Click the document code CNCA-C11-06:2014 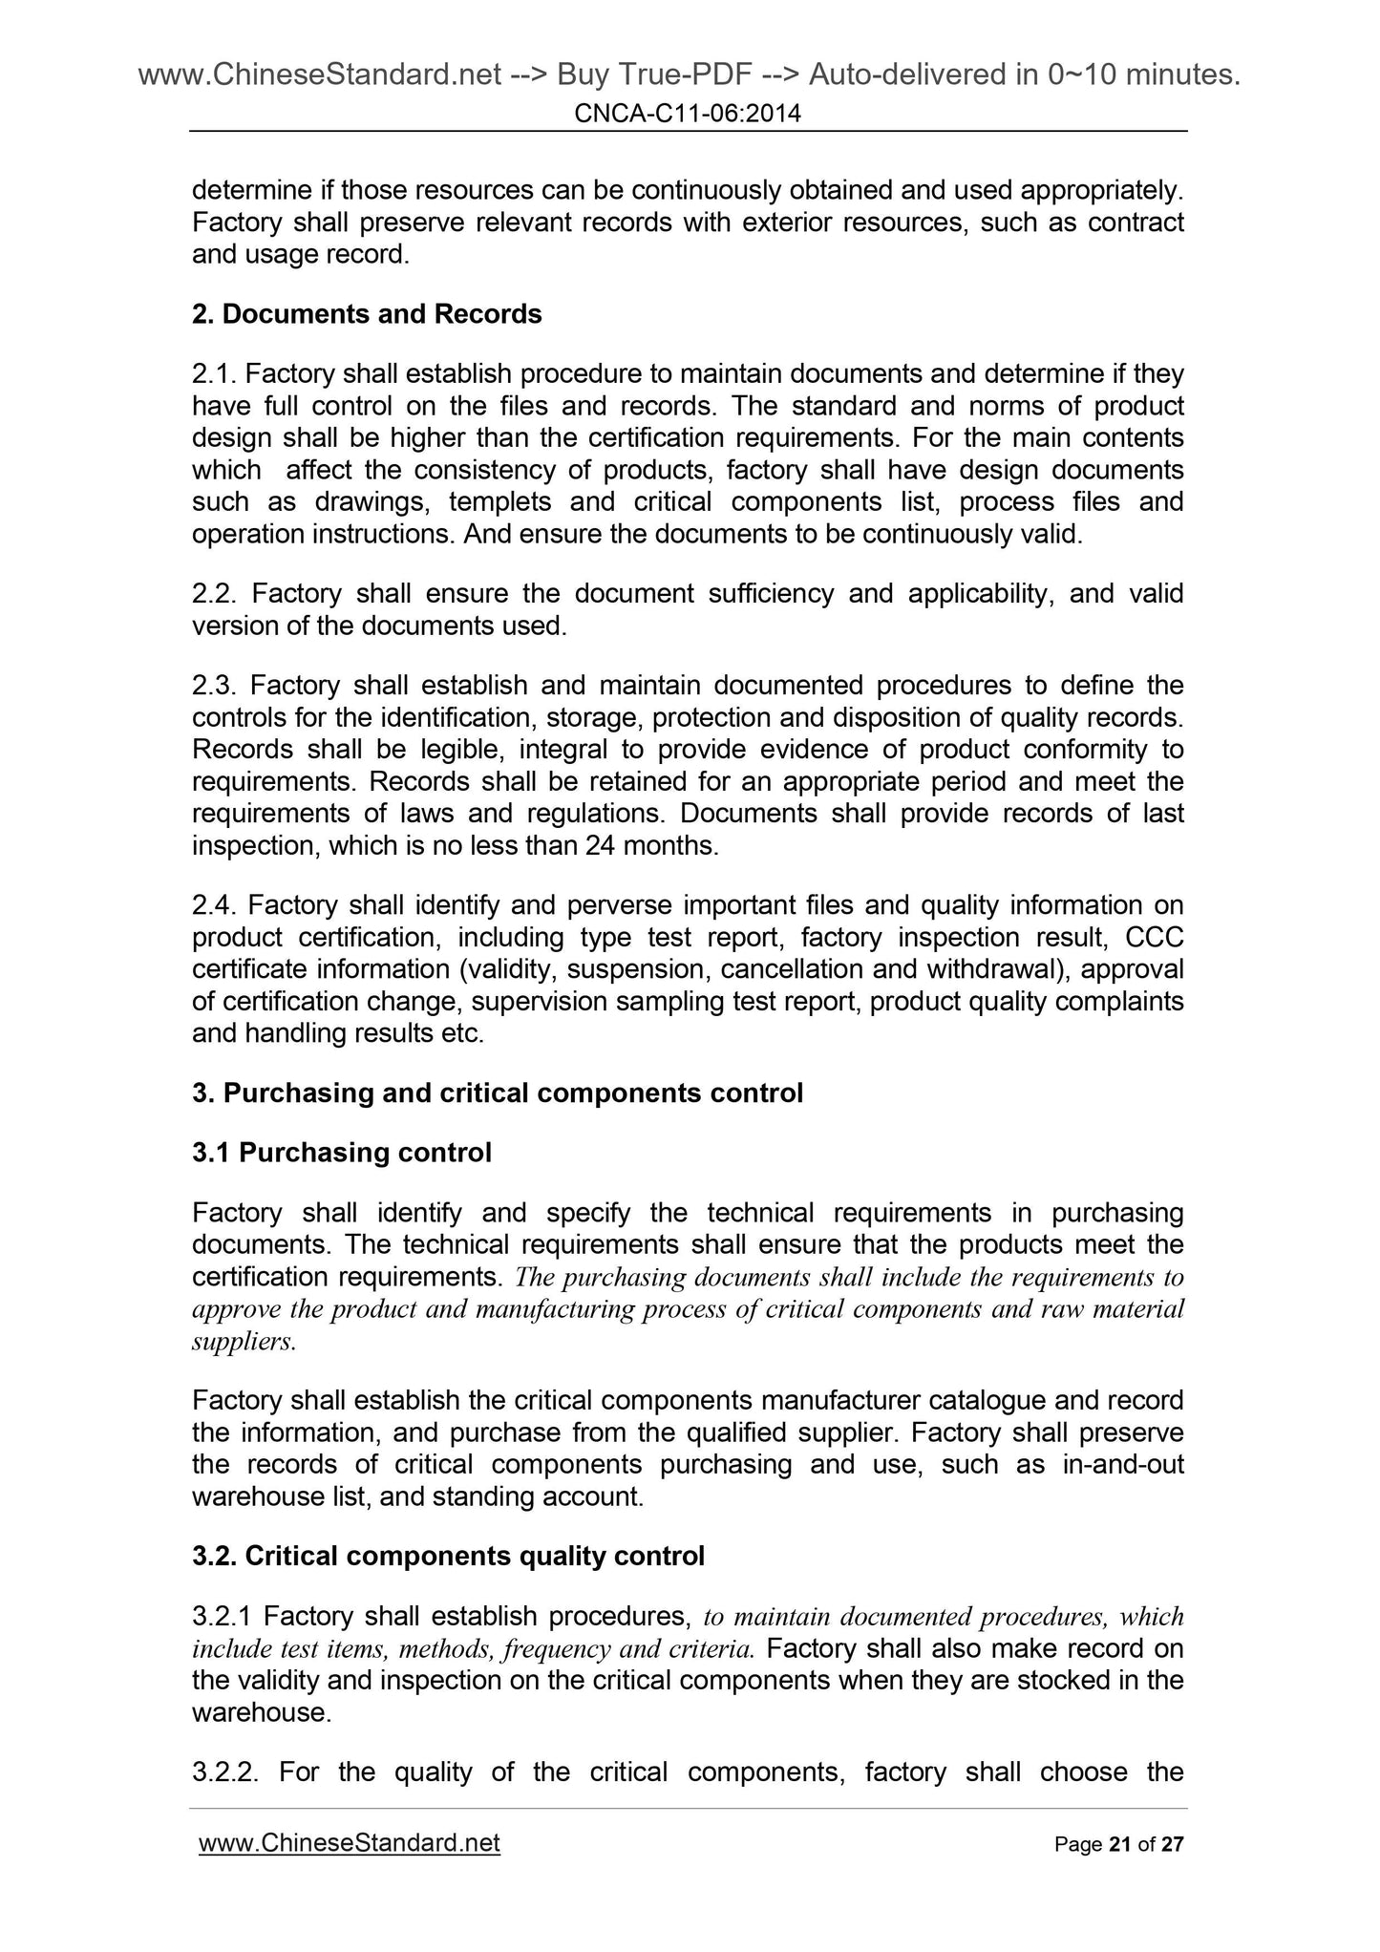[x=688, y=115]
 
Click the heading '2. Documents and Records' [x=367, y=314]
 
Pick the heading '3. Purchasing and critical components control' [x=497, y=1093]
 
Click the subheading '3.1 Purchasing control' [x=342, y=1154]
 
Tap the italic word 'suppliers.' [x=244, y=1342]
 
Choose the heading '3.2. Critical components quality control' [x=448, y=1557]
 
